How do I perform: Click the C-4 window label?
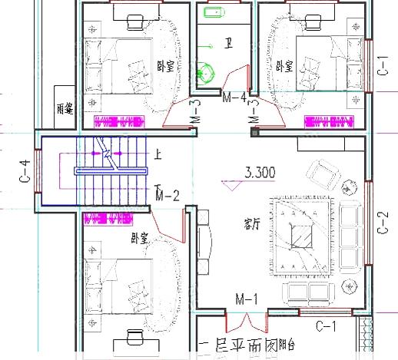click(25, 172)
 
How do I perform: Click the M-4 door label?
click(234, 98)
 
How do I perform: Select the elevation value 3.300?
click(258, 173)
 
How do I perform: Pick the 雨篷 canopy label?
click(65, 110)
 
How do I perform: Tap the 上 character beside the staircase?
click(158, 154)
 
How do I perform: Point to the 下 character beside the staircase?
click(158, 187)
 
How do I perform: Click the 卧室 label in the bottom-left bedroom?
click(139, 238)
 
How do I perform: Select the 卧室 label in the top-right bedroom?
click(284, 66)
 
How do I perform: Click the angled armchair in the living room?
click(323, 176)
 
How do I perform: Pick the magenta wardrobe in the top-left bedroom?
click(119, 121)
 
